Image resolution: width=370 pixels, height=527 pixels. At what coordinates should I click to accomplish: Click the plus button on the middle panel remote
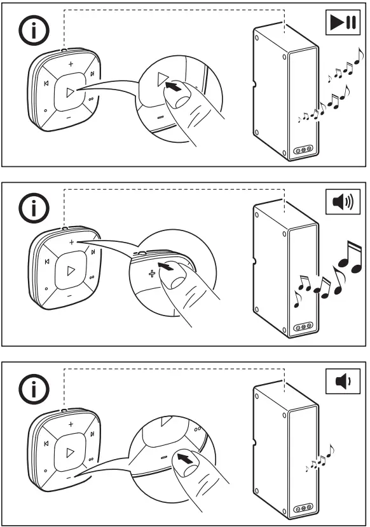click(71, 243)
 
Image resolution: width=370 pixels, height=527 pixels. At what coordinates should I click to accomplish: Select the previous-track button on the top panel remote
click(46, 84)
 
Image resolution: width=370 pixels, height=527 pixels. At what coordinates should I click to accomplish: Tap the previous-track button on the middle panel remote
click(46, 262)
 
